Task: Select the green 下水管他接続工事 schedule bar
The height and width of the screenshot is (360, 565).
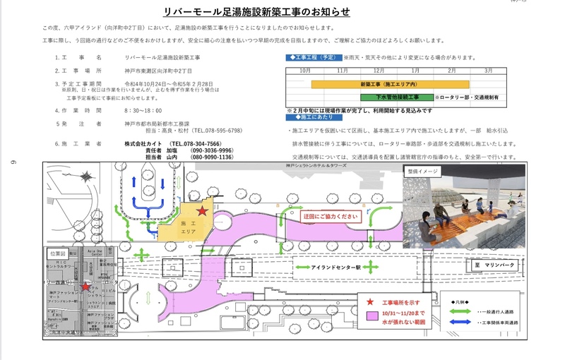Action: [398, 96]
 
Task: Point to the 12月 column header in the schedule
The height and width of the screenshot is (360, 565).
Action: [379, 71]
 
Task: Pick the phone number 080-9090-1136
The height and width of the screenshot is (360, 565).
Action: [211, 157]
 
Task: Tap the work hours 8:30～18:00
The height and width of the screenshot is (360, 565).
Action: [143, 111]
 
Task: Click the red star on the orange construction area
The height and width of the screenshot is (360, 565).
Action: [202, 210]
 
